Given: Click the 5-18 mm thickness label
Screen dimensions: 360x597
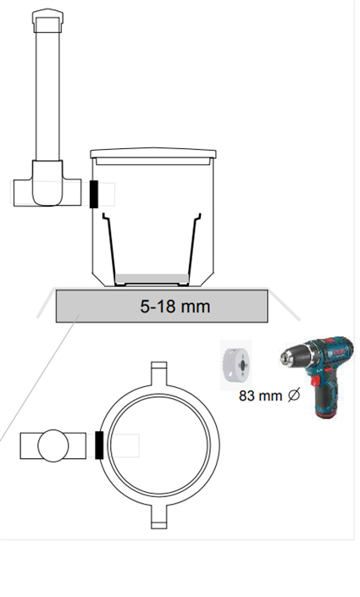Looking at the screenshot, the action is [174, 307].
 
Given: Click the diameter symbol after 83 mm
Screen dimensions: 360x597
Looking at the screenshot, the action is [294, 395].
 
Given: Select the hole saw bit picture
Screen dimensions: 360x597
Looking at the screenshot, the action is [236, 365].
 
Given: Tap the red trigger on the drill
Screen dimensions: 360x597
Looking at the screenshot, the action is [316, 380].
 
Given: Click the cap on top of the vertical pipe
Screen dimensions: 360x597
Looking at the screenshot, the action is [47, 20].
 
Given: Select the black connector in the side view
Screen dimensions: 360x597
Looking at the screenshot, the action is [94, 194].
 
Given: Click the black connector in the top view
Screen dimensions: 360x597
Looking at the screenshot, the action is [99, 445].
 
